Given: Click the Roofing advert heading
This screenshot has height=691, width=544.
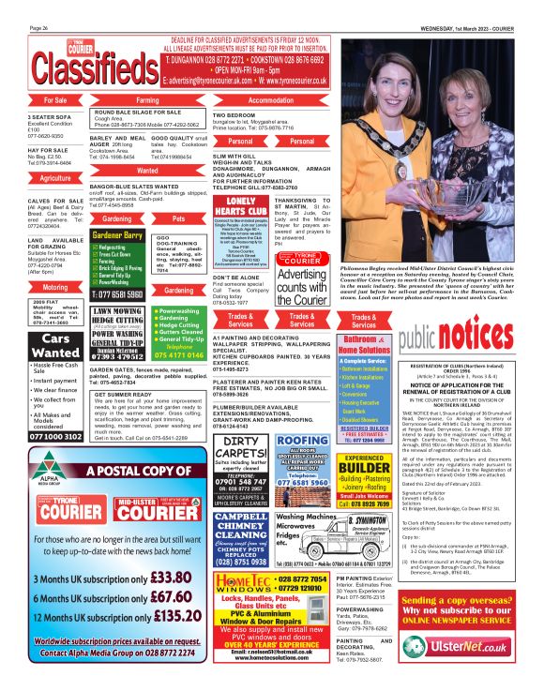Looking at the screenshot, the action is tap(303, 441).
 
